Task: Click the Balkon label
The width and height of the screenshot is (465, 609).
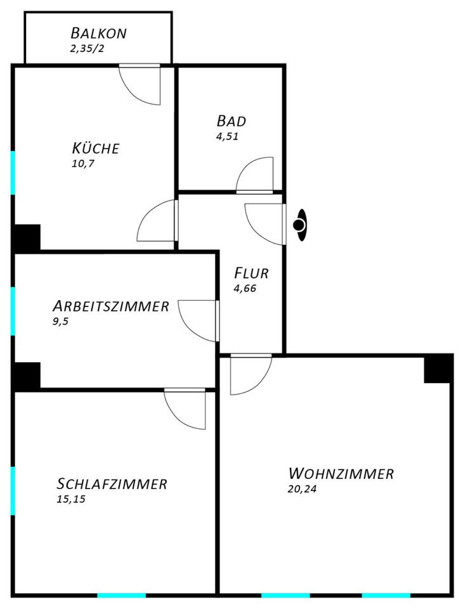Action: coord(98,32)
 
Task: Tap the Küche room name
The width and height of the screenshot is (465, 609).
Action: coord(95,148)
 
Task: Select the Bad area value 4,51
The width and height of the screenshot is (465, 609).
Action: coord(227,135)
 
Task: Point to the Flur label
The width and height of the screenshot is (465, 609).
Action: coord(251,273)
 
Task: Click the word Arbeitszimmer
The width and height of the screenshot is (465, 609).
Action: coord(110,306)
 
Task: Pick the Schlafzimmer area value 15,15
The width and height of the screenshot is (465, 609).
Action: coord(70,499)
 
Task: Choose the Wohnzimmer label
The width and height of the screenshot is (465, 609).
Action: coord(341,473)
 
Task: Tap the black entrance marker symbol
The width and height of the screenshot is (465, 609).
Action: coord(299,225)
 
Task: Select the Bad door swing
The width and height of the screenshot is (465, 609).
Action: coord(256,174)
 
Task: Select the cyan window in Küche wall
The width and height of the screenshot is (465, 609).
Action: coord(13,173)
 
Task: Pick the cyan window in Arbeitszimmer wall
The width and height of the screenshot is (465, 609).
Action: coord(13,311)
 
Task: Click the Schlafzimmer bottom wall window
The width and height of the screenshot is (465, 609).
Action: coord(121,595)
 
